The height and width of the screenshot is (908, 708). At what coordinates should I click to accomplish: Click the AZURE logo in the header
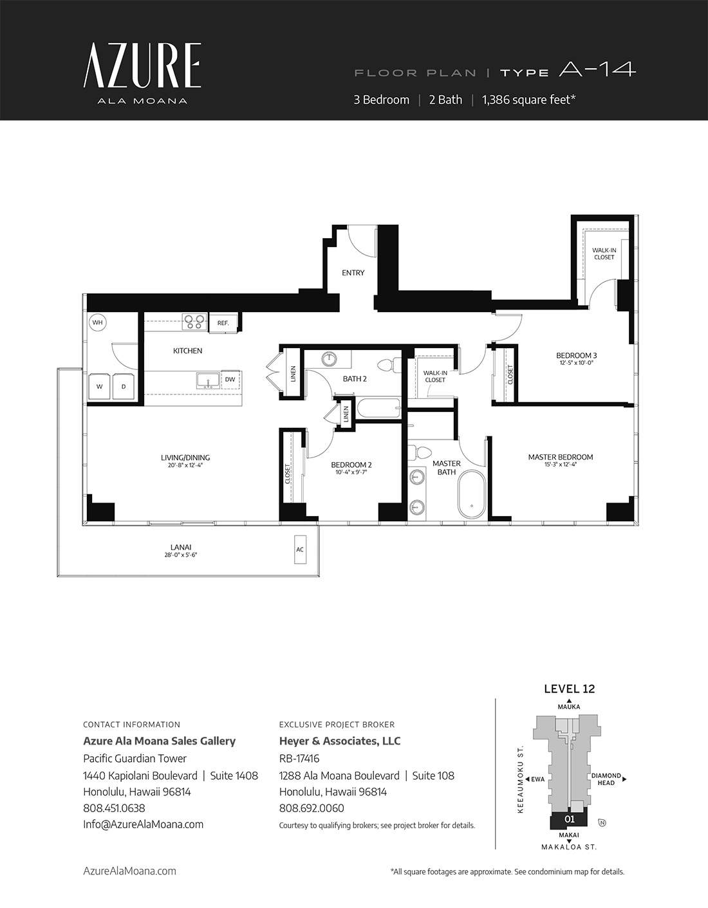142,66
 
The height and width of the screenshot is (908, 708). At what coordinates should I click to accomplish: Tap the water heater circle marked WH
97,322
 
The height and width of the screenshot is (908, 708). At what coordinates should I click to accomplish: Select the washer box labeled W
100,387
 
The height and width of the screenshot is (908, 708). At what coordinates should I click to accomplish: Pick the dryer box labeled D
124,387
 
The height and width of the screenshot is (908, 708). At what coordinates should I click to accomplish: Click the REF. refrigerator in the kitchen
223,323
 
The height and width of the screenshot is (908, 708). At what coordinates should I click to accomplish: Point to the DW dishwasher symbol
230,380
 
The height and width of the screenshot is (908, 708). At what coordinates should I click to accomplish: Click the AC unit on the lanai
300,550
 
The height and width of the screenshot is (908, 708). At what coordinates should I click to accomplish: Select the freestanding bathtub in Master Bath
471,495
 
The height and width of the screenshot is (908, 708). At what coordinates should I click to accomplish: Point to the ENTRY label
353,273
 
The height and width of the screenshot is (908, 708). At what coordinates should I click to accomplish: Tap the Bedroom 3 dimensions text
576,363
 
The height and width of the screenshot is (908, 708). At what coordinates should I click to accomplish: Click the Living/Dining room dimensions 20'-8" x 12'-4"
185,465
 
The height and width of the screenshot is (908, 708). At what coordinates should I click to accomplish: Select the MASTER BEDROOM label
561,457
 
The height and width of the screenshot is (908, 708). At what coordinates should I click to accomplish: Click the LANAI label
181,547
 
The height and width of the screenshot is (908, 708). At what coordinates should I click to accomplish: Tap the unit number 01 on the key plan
569,819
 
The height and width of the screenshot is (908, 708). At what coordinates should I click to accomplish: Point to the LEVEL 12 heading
569,689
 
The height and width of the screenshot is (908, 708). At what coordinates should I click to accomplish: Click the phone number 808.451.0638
114,808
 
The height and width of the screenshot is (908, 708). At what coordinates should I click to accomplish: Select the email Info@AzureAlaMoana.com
144,824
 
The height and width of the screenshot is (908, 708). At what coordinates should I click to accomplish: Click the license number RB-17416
299,758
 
